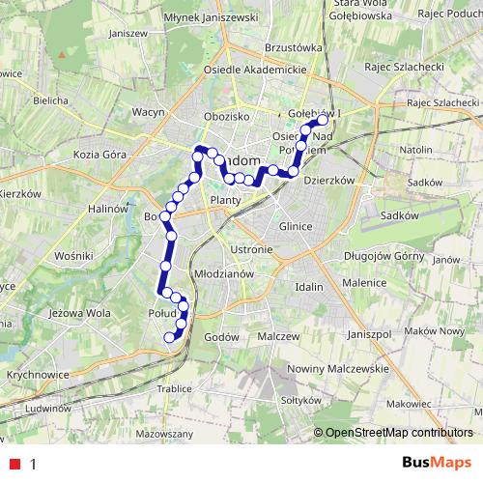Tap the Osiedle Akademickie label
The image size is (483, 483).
click(x=255, y=70)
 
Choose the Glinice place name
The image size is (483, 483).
click(x=294, y=225)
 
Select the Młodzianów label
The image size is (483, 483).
click(x=223, y=273)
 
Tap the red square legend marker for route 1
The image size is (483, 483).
click(x=13, y=464)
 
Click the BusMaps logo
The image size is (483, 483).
click(x=437, y=463)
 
